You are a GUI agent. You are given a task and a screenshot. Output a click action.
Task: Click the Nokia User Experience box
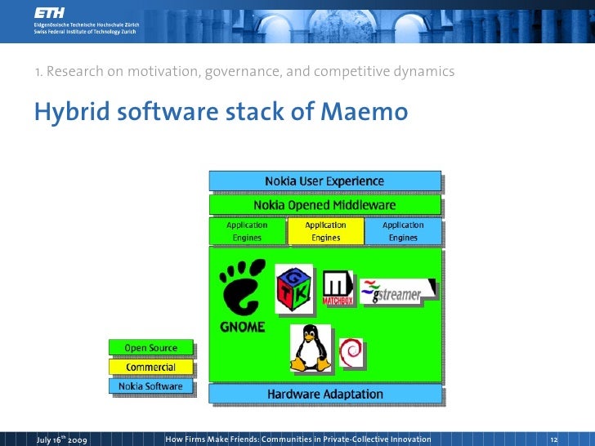[324, 181]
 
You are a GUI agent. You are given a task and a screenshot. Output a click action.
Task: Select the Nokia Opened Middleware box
[324, 204]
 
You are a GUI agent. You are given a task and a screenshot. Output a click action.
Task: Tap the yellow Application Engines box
[325, 231]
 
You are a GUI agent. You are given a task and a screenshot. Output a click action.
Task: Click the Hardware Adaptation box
[324, 394]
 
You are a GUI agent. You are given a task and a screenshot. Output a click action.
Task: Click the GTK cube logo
[293, 288]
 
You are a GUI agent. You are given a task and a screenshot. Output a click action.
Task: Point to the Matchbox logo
[337, 288]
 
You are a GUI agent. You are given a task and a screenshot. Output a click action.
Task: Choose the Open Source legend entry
[151, 348]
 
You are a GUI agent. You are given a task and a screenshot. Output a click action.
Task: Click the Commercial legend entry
[151, 367]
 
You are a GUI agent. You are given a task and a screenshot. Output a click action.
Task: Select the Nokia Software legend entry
[151, 386]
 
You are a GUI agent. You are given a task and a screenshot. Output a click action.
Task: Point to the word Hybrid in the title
[72, 112]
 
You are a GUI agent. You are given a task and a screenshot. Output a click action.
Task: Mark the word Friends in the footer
[281, 439]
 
